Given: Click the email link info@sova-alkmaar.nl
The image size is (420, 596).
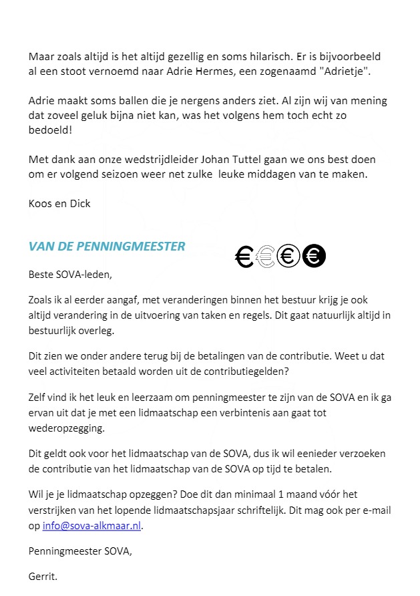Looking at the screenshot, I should tap(92, 525).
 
